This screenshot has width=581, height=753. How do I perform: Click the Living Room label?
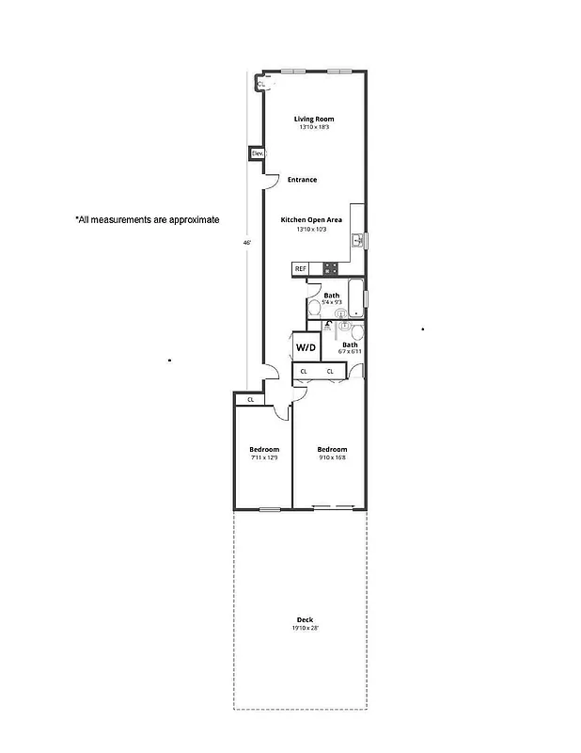pos(313,119)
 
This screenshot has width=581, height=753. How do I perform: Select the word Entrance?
pos(302,180)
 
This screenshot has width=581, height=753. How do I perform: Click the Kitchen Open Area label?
pos(311,219)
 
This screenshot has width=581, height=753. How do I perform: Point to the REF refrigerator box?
pos(301,269)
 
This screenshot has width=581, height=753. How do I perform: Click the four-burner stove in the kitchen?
pos(331,268)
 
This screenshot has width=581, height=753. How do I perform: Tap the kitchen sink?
pos(358,242)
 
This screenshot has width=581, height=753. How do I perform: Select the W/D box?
pos(306,347)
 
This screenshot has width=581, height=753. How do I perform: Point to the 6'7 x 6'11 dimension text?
pos(350,352)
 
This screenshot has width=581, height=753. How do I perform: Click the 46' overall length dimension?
pos(246,242)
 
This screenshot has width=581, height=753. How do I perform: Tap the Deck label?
pos(305,619)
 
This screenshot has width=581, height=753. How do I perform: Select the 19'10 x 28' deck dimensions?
pos(305,628)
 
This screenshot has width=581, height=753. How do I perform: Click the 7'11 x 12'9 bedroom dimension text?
pos(264,457)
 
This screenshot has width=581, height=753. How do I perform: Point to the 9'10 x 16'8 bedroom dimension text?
pos(332,457)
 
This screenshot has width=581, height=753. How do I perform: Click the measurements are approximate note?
pos(147,219)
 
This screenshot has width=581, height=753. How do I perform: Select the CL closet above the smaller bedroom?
pos(250,400)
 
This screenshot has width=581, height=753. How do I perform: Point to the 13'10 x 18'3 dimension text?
pos(313,127)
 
